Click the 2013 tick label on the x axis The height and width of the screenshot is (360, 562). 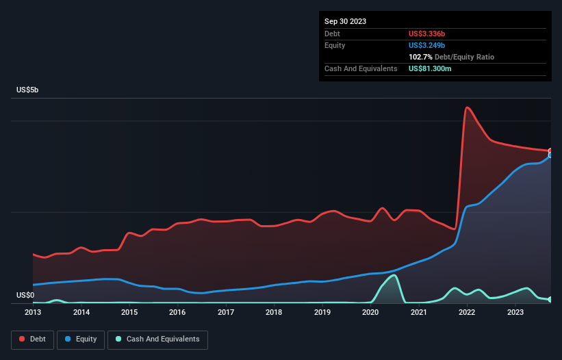point(33,312)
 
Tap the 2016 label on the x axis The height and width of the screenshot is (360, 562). point(177,312)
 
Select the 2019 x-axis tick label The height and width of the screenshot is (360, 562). point(322,312)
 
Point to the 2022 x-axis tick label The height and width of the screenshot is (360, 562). point(467,312)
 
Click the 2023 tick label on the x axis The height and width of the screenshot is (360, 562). point(515,312)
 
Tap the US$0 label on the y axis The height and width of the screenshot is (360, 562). point(27,295)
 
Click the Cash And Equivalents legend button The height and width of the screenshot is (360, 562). point(157,339)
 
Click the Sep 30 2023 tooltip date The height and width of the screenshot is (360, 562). point(345,21)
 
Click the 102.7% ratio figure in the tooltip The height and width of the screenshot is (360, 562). point(420,57)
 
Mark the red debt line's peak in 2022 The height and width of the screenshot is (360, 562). point(467,107)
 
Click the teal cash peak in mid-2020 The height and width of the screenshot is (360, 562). point(394,275)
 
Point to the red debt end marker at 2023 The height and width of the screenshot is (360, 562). point(550,151)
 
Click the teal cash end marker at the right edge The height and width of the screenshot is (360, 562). point(550,299)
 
